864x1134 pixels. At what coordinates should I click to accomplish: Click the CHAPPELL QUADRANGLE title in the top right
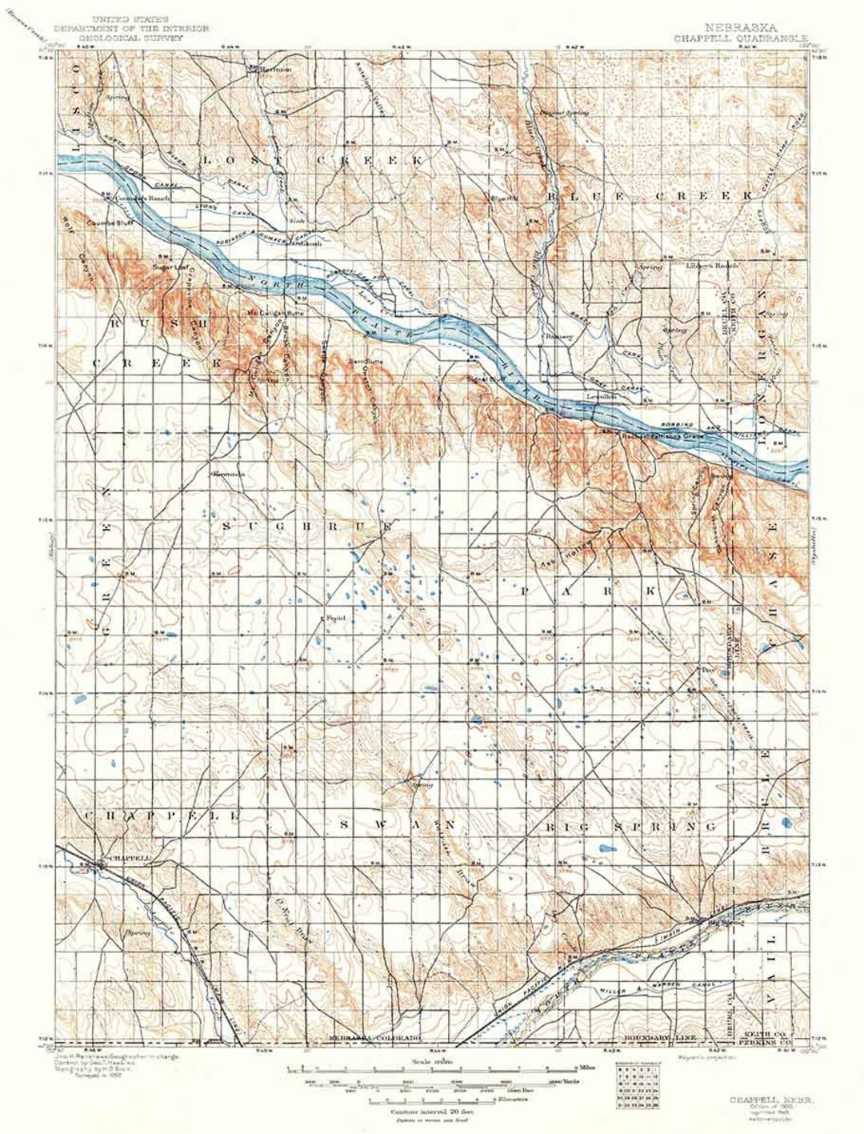coord(740,37)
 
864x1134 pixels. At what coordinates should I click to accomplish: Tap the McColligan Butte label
coord(267,312)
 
